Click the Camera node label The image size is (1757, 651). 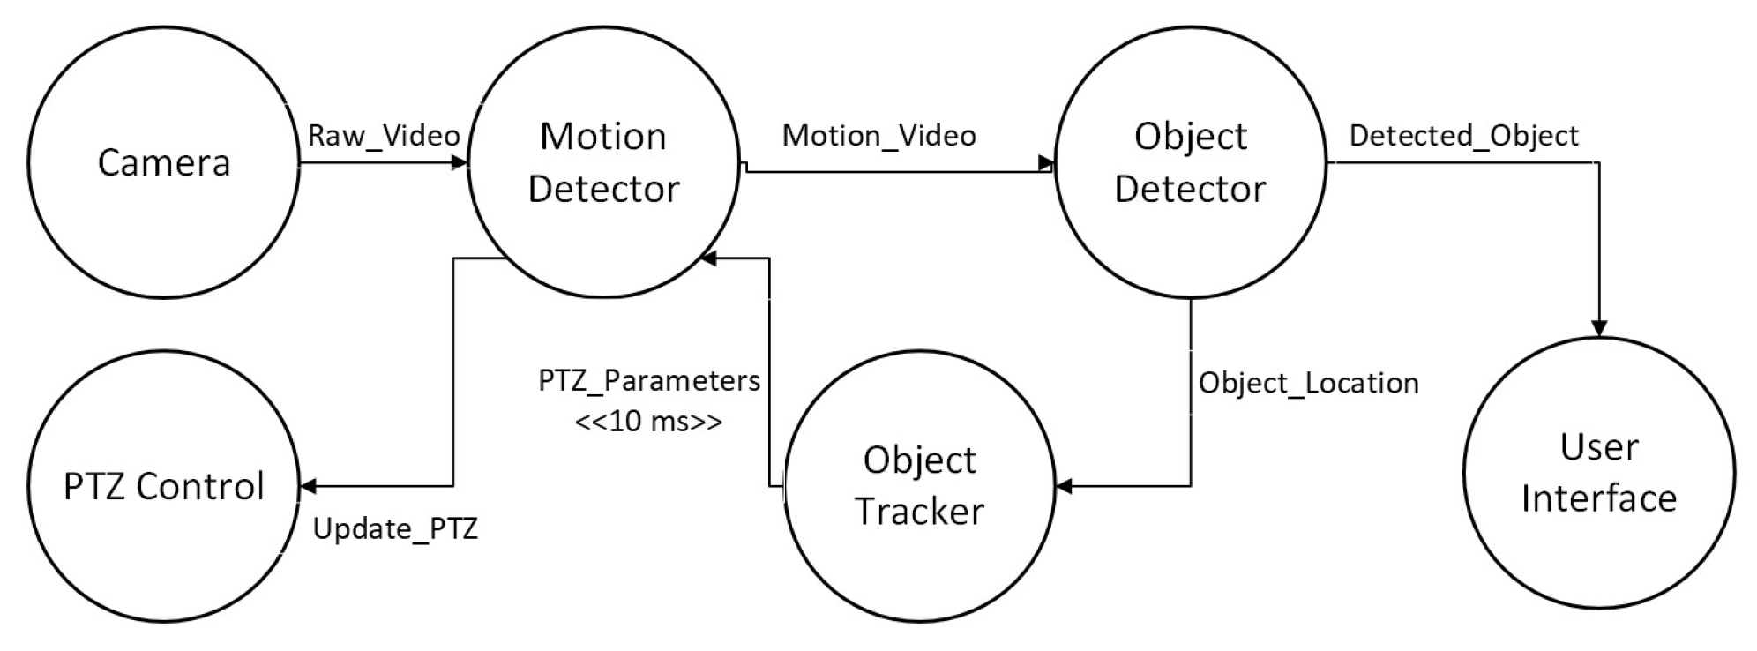(163, 162)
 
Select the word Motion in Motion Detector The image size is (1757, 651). (602, 137)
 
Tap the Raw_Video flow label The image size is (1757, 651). (384, 136)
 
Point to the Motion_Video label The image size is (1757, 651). (878, 136)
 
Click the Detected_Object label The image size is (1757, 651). (1463, 136)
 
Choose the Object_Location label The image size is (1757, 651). (1308, 383)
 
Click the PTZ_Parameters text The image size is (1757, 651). (649, 381)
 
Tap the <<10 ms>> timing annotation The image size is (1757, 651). (648, 421)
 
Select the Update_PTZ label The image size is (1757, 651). (395, 528)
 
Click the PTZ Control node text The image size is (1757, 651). (164, 486)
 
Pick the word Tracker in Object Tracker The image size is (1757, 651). (919, 512)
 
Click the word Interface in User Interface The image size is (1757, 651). (1598, 498)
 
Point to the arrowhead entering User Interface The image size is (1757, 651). (1598, 328)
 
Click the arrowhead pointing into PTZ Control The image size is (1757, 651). (308, 486)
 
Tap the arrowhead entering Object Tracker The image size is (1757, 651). (1065, 486)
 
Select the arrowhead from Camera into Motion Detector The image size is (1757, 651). (459, 162)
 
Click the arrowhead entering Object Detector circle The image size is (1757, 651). (1046, 163)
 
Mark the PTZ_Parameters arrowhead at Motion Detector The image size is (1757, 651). (709, 258)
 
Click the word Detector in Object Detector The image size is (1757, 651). (1190, 189)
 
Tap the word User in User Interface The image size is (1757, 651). (1598, 447)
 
